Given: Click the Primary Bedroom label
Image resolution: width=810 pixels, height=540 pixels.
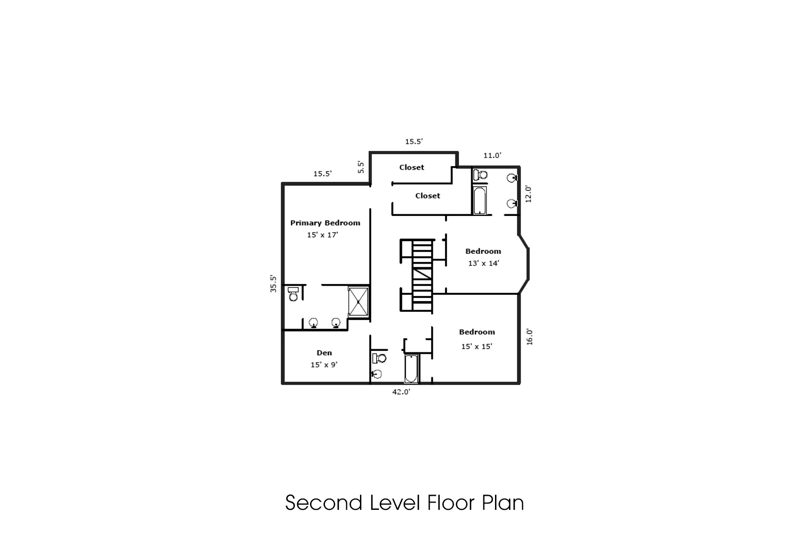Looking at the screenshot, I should [x=325, y=223].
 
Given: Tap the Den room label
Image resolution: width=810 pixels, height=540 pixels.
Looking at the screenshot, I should [x=324, y=353].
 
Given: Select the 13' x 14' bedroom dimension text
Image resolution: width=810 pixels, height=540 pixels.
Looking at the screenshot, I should [x=483, y=263].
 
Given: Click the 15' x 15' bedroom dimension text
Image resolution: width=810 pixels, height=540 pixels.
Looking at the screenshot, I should [x=477, y=346].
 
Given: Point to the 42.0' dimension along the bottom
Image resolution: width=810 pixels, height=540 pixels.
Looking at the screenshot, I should [x=401, y=392].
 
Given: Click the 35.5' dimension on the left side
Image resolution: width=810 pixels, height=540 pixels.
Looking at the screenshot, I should [x=273, y=284].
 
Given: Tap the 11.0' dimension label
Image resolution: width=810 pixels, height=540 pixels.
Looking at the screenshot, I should [x=492, y=156].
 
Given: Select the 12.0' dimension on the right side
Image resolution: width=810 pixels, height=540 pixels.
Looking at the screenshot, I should [x=528, y=194].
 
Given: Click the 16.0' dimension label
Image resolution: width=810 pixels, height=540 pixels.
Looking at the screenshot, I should [x=529, y=337].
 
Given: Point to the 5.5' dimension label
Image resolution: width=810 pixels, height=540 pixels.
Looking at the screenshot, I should [x=361, y=167].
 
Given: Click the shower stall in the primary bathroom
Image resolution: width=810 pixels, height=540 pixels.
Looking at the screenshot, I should [x=358, y=301].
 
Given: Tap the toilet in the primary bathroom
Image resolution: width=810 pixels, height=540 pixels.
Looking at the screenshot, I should [x=293, y=294].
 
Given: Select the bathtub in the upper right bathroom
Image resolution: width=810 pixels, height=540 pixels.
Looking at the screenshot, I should [x=480, y=201].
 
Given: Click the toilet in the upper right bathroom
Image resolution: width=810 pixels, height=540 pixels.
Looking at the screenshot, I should [x=481, y=175].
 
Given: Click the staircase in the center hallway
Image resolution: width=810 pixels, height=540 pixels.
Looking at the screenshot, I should [x=423, y=275].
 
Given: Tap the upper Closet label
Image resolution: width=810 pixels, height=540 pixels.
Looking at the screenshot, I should [x=411, y=167].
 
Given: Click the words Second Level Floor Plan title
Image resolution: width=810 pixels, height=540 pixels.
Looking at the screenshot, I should [x=405, y=503].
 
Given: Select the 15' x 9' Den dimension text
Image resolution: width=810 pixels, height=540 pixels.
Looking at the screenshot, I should [x=324, y=365].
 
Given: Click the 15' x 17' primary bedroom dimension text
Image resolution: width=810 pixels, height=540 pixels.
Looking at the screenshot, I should [x=322, y=235].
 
